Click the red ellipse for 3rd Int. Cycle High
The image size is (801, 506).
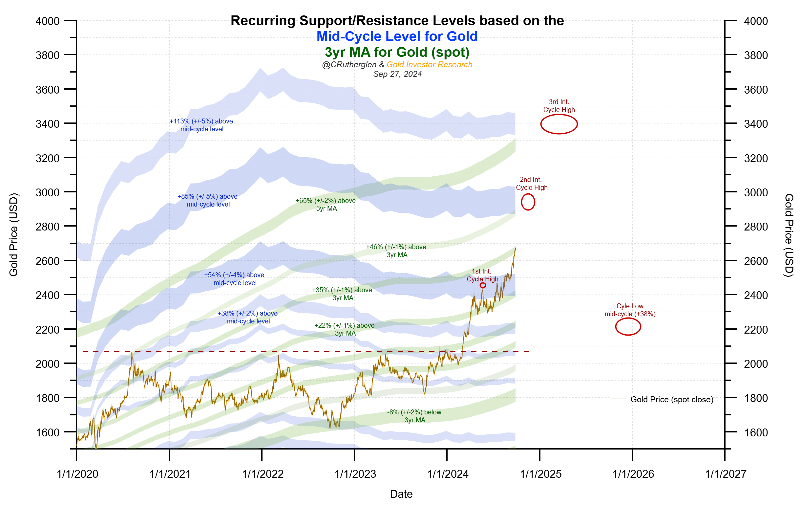[x=559, y=124]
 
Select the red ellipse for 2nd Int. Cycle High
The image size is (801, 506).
[x=528, y=202]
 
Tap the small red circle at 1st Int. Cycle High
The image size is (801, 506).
[x=483, y=285]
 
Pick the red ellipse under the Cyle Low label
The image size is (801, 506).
[x=628, y=327]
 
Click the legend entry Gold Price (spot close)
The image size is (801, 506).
[x=672, y=400]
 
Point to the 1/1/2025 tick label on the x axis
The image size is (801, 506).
[x=541, y=474]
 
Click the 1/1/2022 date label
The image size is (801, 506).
[x=263, y=474]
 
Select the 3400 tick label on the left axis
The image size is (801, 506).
[x=48, y=124]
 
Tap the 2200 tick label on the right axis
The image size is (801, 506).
[x=756, y=330]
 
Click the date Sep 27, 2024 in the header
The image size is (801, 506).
[x=397, y=74]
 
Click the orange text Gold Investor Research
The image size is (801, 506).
[x=429, y=65]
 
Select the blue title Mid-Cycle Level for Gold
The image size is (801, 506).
[x=397, y=36]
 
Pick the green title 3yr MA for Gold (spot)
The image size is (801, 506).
[x=397, y=52]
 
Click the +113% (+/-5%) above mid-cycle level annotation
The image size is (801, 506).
[x=201, y=125]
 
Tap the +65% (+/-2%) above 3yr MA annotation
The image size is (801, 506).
[x=326, y=205]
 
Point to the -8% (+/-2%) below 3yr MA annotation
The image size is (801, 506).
[x=414, y=416]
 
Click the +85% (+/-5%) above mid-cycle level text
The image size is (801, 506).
[x=208, y=200]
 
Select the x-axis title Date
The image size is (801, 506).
[x=401, y=494]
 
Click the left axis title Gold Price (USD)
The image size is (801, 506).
[x=14, y=235]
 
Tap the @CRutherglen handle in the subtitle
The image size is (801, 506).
[x=349, y=65]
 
